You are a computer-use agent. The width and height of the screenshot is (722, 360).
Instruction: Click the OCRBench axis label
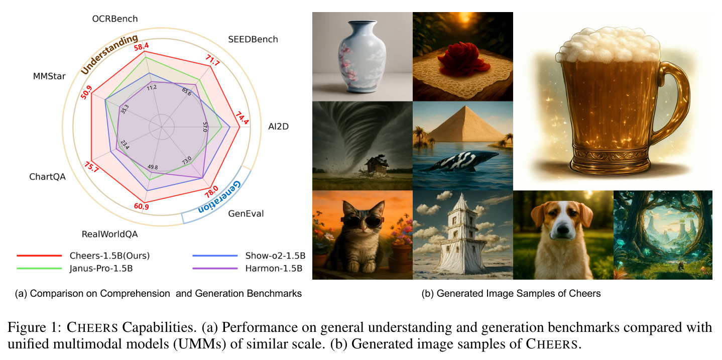tap(115, 19)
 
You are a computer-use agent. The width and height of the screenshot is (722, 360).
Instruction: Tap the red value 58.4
tap(142, 47)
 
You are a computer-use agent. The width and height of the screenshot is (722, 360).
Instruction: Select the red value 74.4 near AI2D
tap(242, 118)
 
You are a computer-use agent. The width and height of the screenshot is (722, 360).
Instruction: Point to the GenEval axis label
tap(246, 214)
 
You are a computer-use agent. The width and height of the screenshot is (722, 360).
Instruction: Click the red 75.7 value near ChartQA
tap(91, 167)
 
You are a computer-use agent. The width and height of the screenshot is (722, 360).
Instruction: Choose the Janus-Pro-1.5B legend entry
tap(101, 269)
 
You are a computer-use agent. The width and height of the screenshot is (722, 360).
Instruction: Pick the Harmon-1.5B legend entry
tap(274, 269)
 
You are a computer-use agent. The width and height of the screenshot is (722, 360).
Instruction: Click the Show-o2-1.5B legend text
tap(275, 256)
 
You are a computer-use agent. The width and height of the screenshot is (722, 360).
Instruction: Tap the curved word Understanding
tap(109, 54)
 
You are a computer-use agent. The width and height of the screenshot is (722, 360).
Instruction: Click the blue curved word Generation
tap(219, 197)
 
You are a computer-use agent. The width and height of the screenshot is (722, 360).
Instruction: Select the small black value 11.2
tap(152, 87)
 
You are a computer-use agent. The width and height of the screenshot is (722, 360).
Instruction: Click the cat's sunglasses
tap(363, 221)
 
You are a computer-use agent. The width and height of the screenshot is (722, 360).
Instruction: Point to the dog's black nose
tap(562, 228)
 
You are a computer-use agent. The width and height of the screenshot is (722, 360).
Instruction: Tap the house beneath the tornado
tap(377, 165)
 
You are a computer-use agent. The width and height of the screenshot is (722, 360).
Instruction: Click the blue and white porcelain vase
tap(362, 56)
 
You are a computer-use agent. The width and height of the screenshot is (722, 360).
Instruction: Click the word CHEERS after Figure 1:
tap(92, 327)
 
